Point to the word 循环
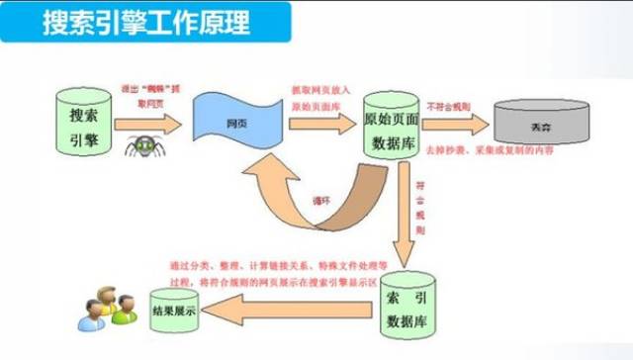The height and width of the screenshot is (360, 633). tap(320, 195)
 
